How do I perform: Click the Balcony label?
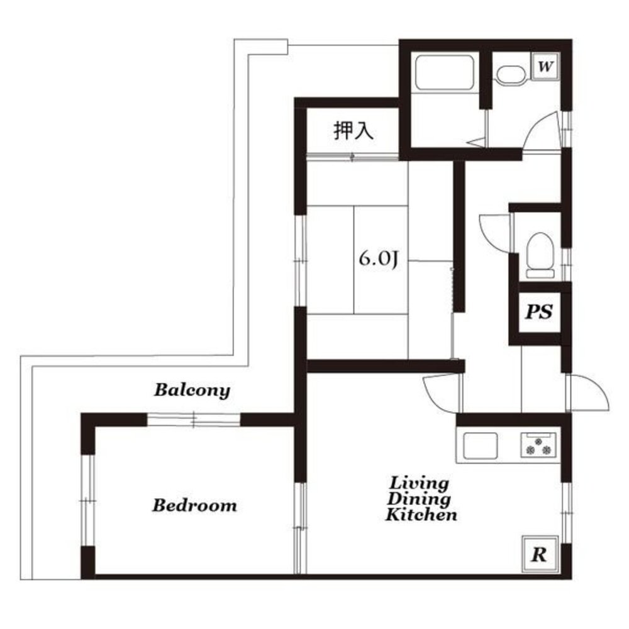click(x=192, y=391)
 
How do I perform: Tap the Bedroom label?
click(x=194, y=506)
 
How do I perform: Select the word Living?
click(x=419, y=483)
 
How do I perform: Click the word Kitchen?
click(x=421, y=515)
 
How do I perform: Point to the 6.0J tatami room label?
click(x=379, y=259)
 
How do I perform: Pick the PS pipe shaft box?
click(x=540, y=312)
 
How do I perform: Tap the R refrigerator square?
click(x=540, y=554)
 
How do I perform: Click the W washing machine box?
click(x=545, y=66)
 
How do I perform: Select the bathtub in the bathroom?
click(x=445, y=73)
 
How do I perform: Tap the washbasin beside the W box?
click(x=511, y=75)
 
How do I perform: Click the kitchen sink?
click(x=480, y=445)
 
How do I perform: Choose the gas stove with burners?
click(x=539, y=445)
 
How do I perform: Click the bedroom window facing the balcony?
click(x=193, y=420)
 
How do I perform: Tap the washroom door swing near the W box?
click(x=541, y=130)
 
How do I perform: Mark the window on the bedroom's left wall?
click(x=87, y=500)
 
